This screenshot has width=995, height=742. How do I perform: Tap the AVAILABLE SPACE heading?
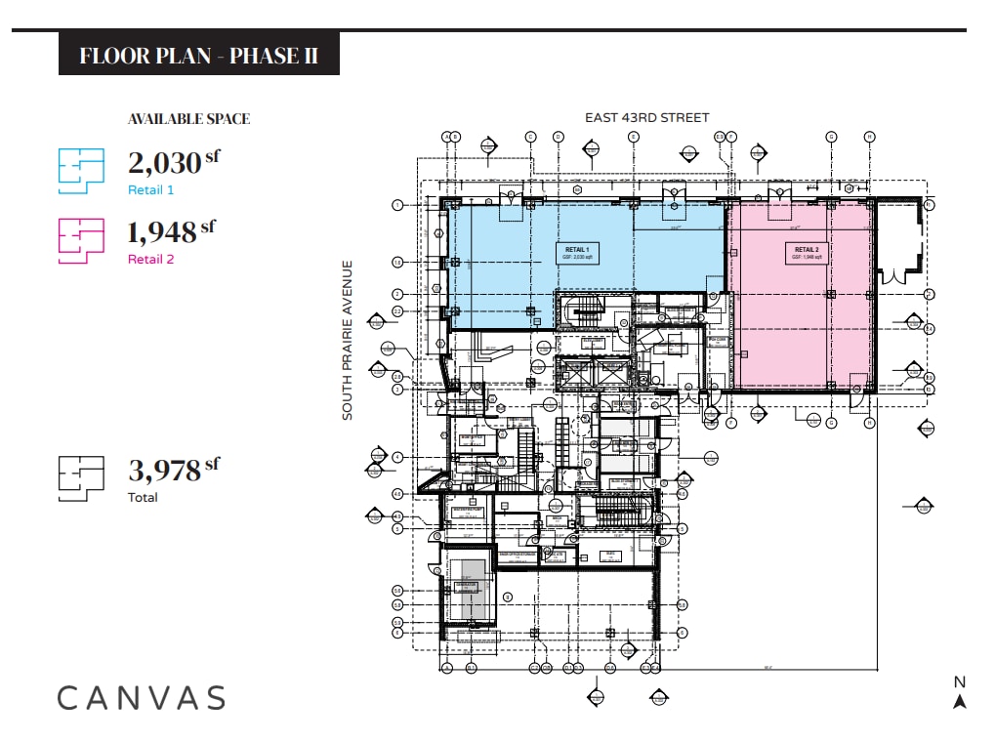(188, 119)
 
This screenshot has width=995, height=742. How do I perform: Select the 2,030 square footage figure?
(164, 162)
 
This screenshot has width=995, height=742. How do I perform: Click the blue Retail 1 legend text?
(150, 190)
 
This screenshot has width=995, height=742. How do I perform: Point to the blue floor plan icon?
(81, 171)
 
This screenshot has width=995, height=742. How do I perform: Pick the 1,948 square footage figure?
(162, 232)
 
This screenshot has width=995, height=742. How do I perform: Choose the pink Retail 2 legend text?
(150, 260)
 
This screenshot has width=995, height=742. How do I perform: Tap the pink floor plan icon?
(81, 240)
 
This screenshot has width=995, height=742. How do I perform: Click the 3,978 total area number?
(164, 471)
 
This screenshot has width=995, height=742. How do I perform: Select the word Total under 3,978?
(143, 498)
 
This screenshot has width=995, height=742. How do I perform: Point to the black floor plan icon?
(81, 478)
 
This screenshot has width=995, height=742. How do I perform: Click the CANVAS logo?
(142, 698)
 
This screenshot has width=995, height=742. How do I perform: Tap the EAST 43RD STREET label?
(646, 118)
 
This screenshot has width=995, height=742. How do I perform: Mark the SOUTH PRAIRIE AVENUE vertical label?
(347, 340)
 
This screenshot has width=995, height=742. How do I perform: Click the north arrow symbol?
(960, 701)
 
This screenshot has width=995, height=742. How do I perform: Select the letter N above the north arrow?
(960, 682)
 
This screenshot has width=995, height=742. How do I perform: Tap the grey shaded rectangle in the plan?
(474, 589)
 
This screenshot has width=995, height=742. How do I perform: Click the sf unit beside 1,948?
(207, 226)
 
